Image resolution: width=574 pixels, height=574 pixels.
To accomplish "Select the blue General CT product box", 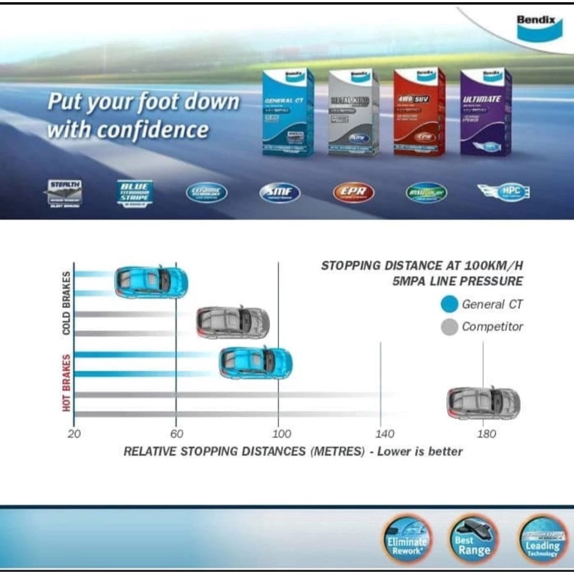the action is [288, 112].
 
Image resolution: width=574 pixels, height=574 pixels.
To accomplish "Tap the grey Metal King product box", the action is [354, 112].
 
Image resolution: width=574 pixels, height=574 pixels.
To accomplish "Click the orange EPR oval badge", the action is [353, 193].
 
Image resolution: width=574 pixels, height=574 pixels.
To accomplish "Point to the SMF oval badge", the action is [280, 193].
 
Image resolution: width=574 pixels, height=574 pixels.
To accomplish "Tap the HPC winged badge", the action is [504, 192].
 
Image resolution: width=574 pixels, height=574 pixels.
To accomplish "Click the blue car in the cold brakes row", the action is [151, 282].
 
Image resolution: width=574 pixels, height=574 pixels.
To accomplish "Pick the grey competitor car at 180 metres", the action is [483, 403].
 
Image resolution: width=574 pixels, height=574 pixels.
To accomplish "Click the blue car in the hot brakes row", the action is [255, 363].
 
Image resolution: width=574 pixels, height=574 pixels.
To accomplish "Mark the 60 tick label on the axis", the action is [177, 434].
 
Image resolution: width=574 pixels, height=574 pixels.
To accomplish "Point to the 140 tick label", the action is [385, 434].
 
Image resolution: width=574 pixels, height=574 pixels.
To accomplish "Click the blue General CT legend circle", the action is [450, 304].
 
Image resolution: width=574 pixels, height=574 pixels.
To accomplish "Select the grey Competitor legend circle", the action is [450, 326].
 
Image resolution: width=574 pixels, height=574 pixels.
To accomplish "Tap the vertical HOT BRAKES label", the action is [67, 383].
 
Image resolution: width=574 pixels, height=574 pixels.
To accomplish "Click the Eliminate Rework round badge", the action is [408, 539].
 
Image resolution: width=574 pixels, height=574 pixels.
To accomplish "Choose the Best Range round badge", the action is [473, 539].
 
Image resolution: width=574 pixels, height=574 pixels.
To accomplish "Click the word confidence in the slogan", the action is [152, 130].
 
